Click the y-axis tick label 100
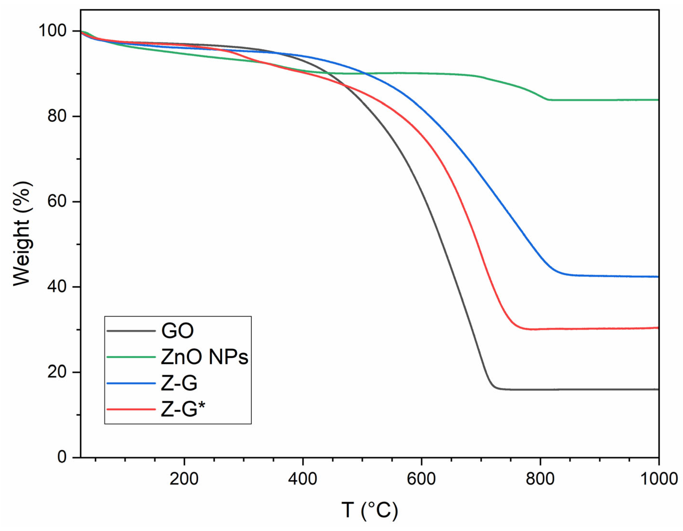[52, 31]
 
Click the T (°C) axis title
[370, 511]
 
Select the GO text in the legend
[177, 331]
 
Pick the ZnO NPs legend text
[205, 357]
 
